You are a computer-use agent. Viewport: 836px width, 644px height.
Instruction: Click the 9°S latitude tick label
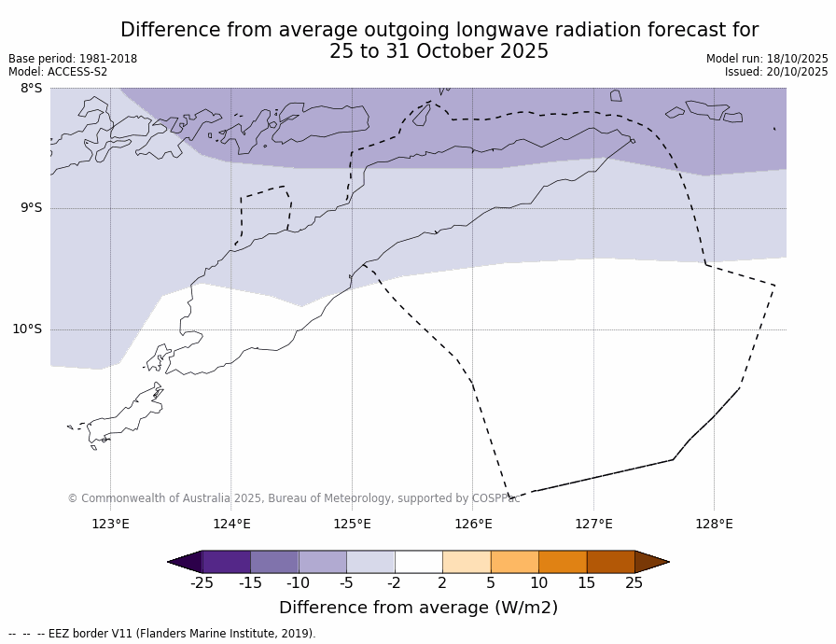[x=31, y=208]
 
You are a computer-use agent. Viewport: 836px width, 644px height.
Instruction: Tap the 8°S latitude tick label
[x=31, y=88]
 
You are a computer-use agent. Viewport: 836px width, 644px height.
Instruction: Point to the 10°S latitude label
[x=27, y=329]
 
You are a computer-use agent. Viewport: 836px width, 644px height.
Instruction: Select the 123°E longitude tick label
[x=110, y=524]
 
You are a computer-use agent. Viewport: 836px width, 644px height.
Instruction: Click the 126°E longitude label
[x=473, y=524]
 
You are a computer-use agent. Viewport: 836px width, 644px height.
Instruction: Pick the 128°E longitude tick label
[x=714, y=524]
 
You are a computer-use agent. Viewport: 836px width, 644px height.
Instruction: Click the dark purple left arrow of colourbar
[x=186, y=562]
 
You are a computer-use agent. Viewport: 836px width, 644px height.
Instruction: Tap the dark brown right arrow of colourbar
[x=651, y=562]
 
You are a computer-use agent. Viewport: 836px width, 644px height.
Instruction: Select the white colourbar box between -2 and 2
[x=418, y=562]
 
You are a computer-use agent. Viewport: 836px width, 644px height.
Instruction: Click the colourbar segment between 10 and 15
[x=563, y=562]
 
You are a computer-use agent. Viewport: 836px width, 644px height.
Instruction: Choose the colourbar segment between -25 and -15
[x=226, y=562]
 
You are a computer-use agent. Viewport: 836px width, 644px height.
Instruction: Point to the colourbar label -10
[x=298, y=583]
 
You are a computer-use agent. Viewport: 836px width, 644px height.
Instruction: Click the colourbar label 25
[x=634, y=583]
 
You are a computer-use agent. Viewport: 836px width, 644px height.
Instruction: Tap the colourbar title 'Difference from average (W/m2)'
[x=418, y=608]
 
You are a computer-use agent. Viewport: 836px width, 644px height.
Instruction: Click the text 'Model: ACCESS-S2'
[x=58, y=72]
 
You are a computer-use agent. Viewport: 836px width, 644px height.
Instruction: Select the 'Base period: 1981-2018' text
[x=73, y=59]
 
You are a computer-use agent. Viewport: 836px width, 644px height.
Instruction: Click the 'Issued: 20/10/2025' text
[x=776, y=72]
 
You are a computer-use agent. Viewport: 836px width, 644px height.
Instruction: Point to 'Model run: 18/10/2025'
[x=767, y=59]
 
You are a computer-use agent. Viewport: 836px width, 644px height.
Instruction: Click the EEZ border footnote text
[x=162, y=634]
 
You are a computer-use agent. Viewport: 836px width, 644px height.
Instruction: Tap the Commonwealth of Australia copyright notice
[x=293, y=498]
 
